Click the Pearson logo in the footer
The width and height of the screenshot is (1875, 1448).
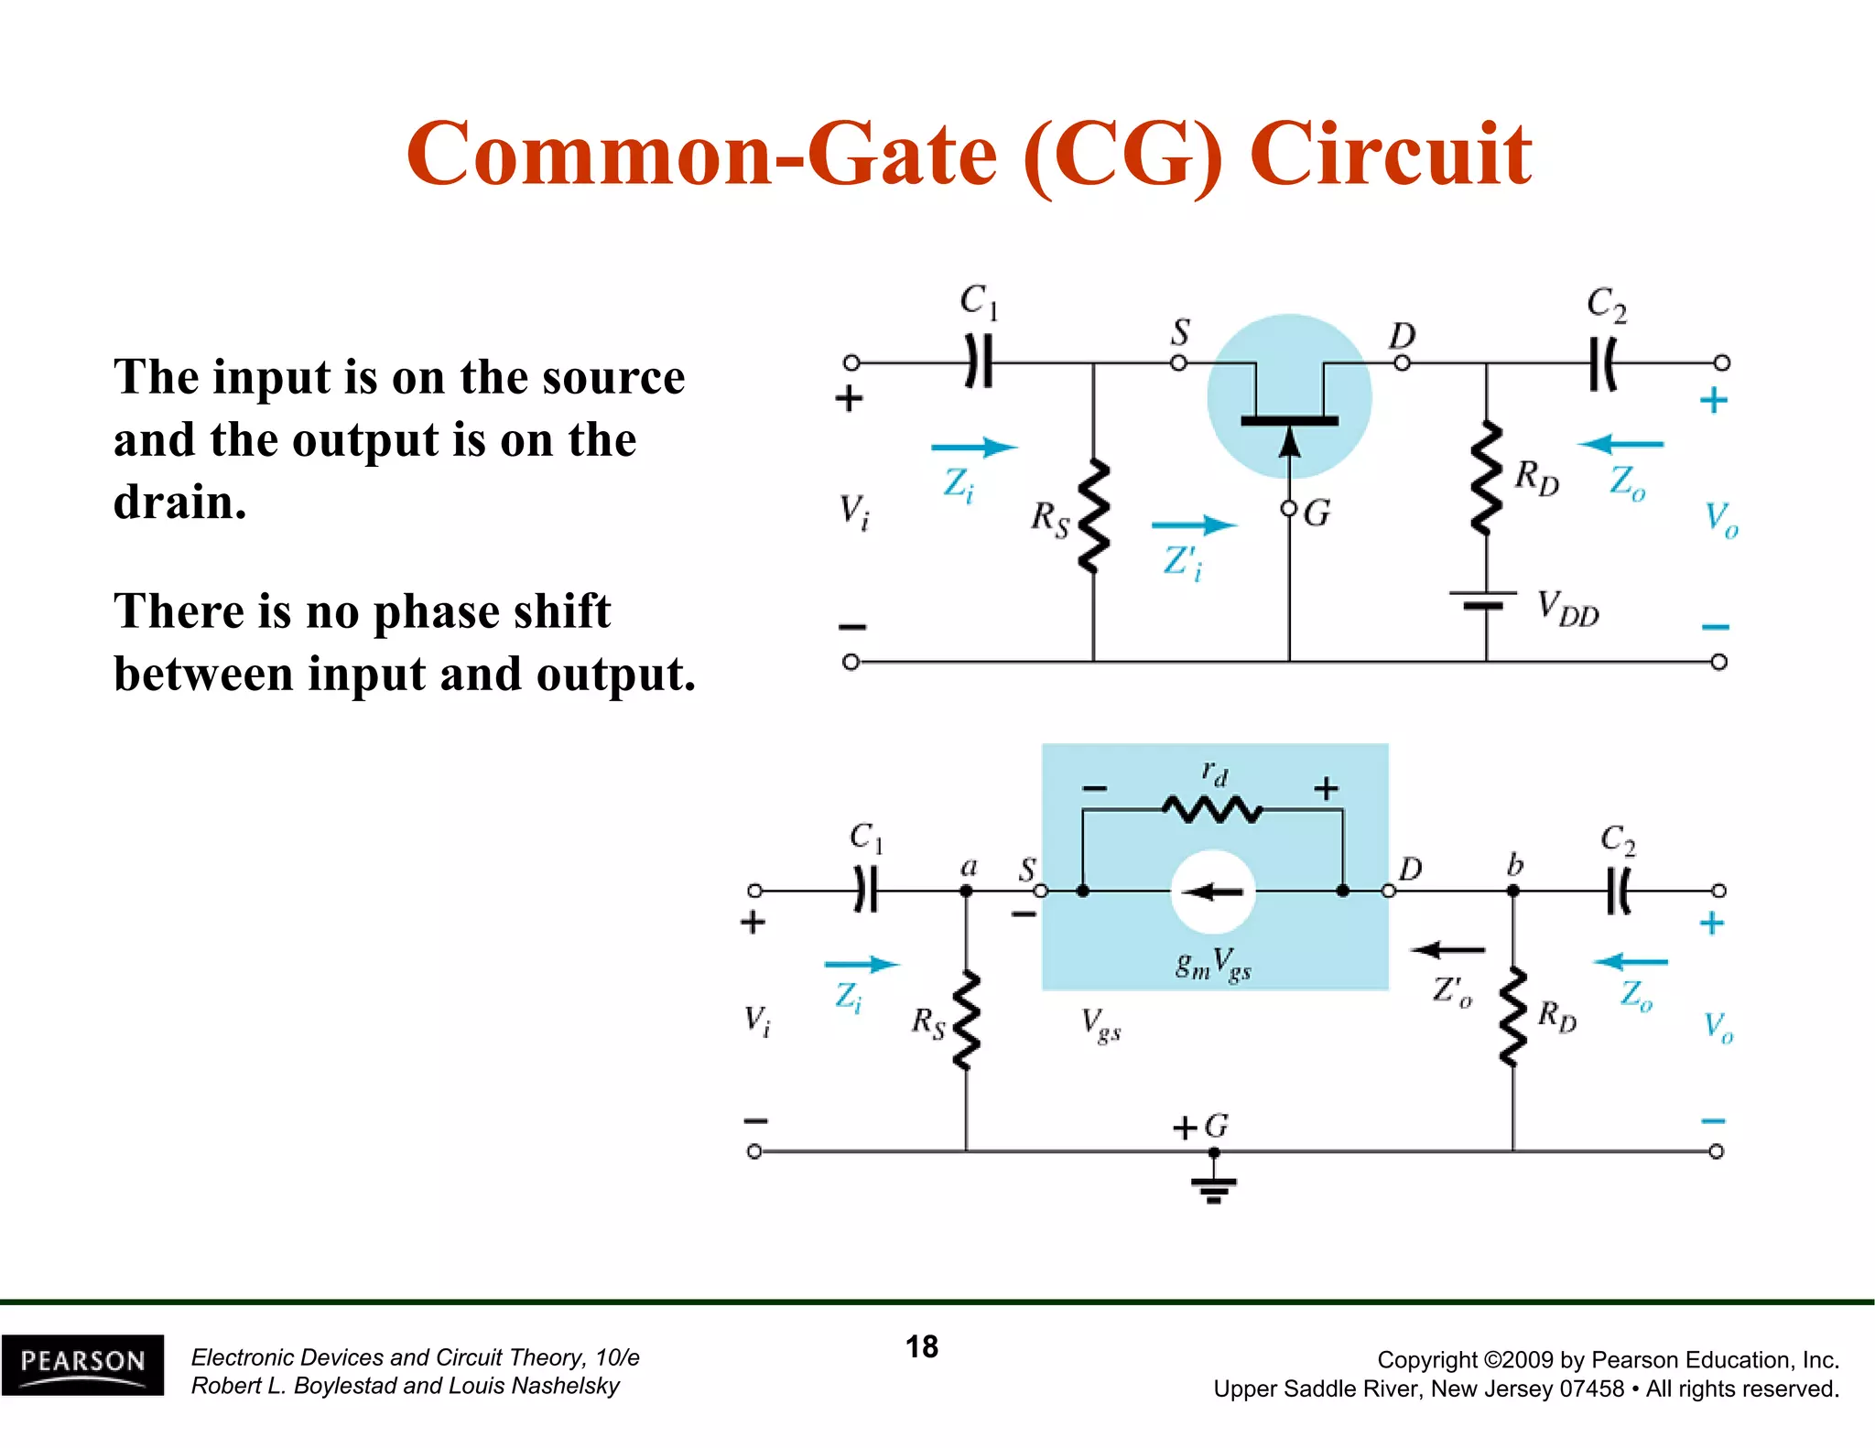click(x=82, y=1364)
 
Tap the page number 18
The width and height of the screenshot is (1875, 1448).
click(x=922, y=1346)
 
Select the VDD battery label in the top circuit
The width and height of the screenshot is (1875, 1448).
click(x=1567, y=609)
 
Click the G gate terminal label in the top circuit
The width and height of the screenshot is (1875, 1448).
click(x=1317, y=513)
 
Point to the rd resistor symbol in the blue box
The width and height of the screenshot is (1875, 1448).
click(x=1212, y=809)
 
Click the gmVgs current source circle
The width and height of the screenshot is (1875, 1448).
click(x=1212, y=891)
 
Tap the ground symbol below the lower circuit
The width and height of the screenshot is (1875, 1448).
click(x=1213, y=1187)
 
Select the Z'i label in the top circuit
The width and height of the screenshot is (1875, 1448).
click(x=1182, y=562)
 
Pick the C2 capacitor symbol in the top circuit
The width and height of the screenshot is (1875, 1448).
click(x=1603, y=363)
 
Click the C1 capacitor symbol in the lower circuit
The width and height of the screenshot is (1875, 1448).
click(x=865, y=891)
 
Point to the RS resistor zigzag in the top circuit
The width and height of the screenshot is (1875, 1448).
click(x=1093, y=517)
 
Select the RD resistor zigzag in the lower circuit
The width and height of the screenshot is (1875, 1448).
click(x=1512, y=1016)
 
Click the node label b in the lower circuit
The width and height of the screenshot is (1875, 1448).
click(x=1515, y=864)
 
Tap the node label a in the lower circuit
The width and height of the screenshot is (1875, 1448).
click(x=969, y=866)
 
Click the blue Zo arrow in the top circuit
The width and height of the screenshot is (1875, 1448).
click(x=1620, y=445)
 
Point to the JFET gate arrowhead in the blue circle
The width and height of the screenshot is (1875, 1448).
click(x=1289, y=444)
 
